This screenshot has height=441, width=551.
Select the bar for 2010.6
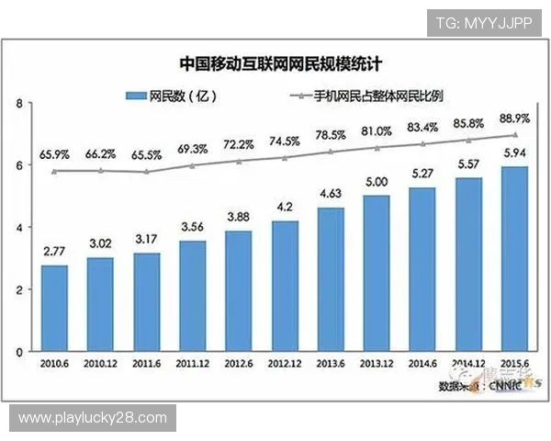[53, 308]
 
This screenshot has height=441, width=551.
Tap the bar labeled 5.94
[514, 258]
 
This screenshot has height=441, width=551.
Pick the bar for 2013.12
[377, 273]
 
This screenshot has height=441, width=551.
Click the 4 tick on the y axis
[19, 227]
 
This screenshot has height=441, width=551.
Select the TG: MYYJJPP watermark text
[483, 20]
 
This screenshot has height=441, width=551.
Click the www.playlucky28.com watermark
[93, 418]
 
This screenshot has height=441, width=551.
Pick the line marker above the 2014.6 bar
[422, 144]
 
